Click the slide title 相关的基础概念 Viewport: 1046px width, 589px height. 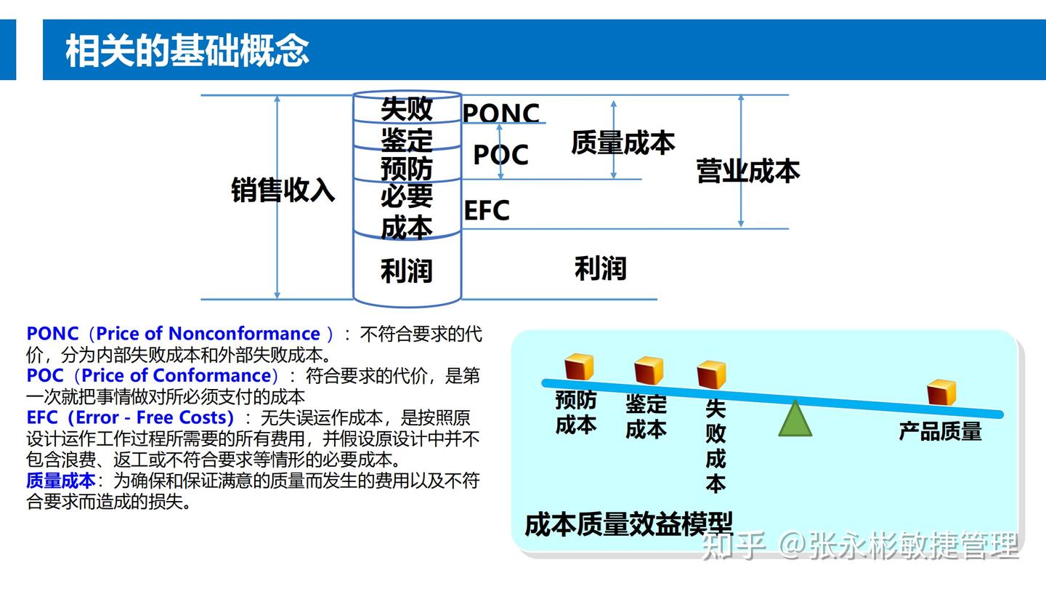(x=187, y=51)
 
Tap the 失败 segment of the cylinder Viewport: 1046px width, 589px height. (x=407, y=109)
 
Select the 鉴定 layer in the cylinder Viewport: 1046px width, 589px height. (x=407, y=139)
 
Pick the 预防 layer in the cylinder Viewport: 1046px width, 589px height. (x=407, y=168)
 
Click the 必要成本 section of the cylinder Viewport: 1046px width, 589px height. (x=407, y=211)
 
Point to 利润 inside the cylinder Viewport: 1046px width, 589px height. (x=407, y=271)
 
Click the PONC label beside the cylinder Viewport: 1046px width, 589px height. (x=501, y=113)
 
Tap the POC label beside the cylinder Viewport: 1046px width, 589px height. (x=500, y=155)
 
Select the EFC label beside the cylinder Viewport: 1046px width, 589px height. (x=487, y=211)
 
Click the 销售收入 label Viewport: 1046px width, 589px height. (x=283, y=190)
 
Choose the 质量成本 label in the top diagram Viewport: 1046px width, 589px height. (x=623, y=143)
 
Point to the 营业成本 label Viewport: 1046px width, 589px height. (x=748, y=171)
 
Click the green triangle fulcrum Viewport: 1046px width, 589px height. (x=795, y=420)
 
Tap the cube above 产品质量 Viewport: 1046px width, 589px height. (x=941, y=392)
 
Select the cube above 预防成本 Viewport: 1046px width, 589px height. (x=579, y=366)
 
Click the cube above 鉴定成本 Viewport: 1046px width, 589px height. (x=648, y=370)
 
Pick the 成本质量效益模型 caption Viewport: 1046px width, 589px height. (x=628, y=524)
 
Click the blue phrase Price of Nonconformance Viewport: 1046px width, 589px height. (x=208, y=334)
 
